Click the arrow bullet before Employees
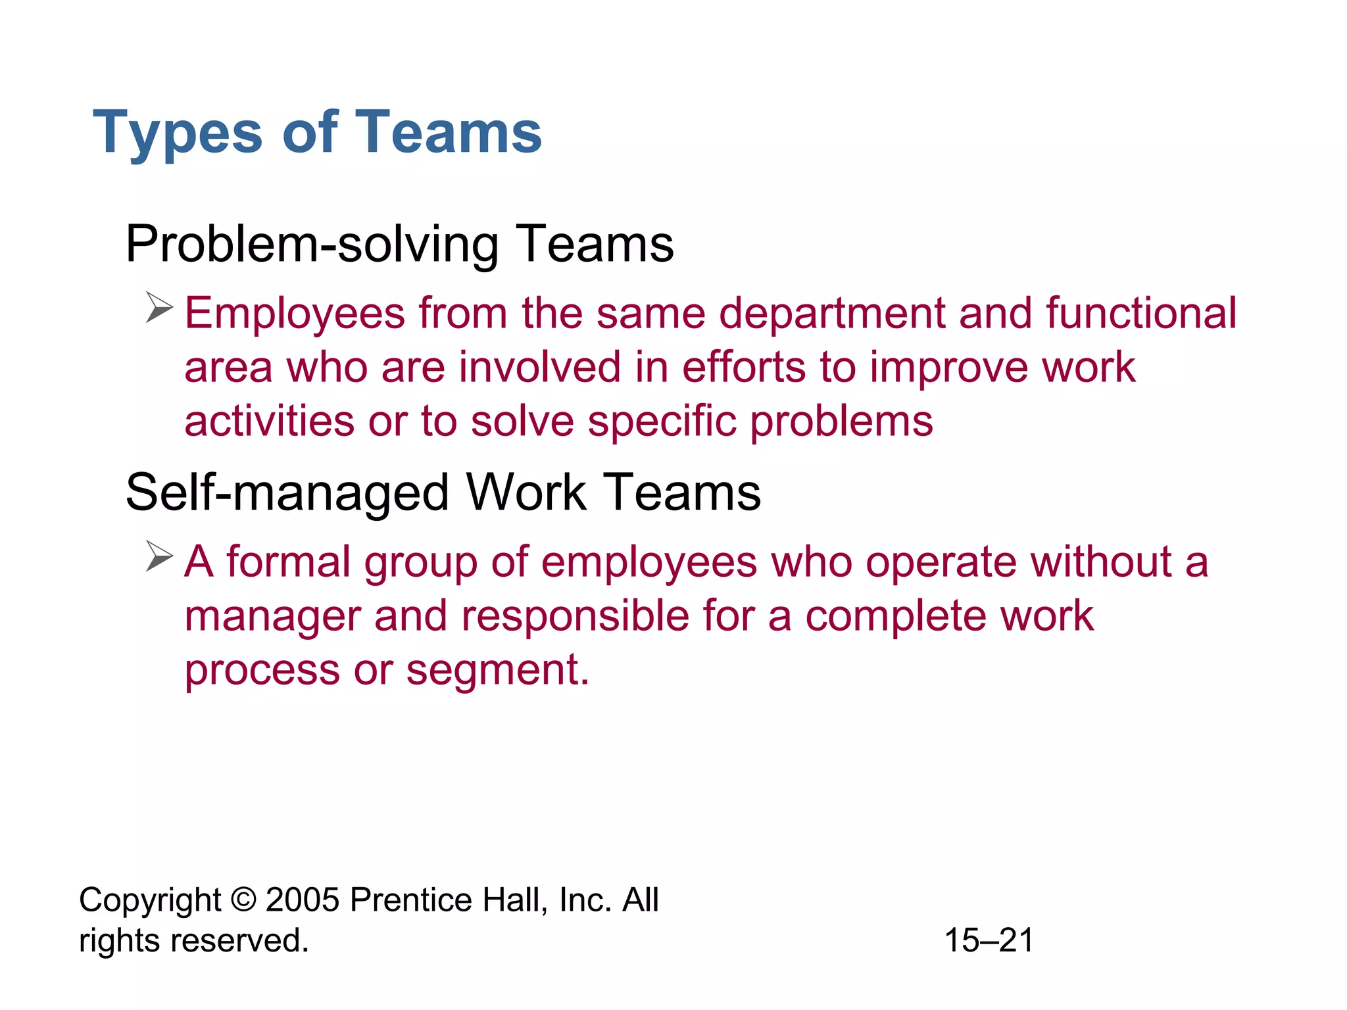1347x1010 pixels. click(x=159, y=308)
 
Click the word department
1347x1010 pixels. click(x=831, y=314)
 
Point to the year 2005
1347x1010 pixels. click(x=303, y=900)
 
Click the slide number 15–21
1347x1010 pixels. click(x=989, y=940)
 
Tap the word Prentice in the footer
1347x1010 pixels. click(x=410, y=900)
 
